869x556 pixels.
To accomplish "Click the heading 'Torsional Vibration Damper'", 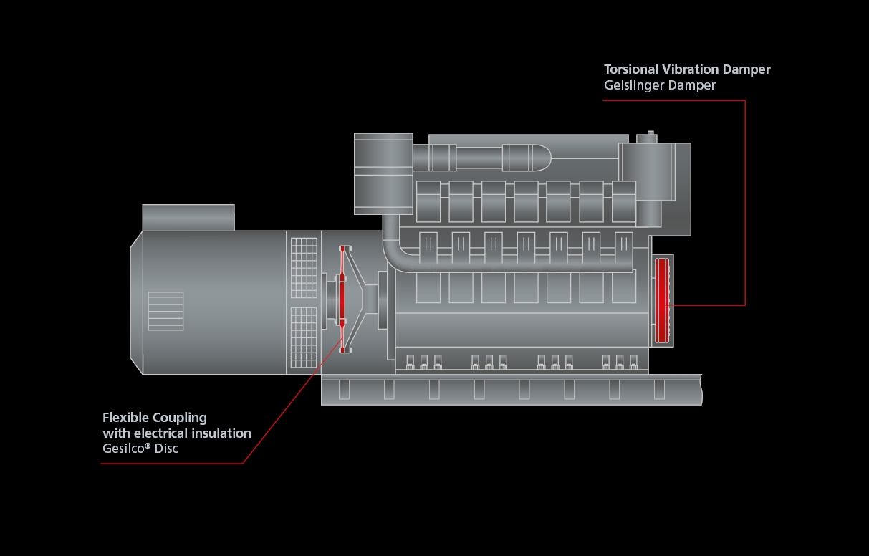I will click(687, 69).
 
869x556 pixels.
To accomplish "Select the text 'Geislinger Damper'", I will click(660, 85).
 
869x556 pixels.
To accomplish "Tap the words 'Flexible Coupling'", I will click(155, 417).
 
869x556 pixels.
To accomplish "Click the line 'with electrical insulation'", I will click(177, 433).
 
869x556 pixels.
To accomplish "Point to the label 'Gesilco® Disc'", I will click(140, 449).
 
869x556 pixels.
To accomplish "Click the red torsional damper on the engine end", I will click(662, 301).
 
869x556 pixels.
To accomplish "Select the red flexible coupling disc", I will click(342, 299).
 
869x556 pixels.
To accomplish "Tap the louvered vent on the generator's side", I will click(165, 311).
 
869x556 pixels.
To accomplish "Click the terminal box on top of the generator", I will click(188, 217).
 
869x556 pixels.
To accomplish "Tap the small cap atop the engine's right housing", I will click(650, 134).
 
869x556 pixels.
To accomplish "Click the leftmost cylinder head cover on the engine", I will click(428, 201).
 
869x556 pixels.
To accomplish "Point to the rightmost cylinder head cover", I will click(624, 201).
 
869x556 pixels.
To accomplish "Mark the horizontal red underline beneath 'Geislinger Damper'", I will click(673, 100).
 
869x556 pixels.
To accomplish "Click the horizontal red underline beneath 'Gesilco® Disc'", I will click(172, 463).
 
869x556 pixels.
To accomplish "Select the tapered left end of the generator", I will click(136, 302).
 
